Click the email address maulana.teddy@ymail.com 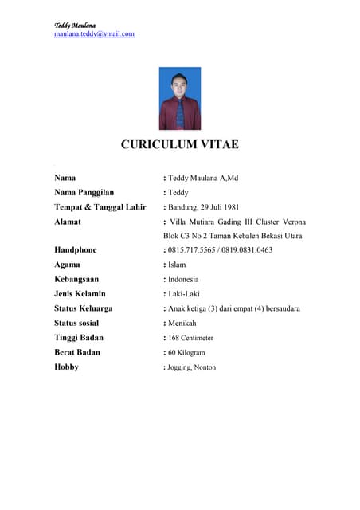[x=94, y=34]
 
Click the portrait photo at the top [x=180, y=98]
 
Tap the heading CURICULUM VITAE [x=179, y=144]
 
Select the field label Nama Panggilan [x=84, y=192]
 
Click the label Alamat [x=70, y=222]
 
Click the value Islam [x=178, y=265]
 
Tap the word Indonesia [x=183, y=280]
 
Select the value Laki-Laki [x=184, y=294]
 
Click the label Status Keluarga [x=83, y=308]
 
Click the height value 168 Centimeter [x=190, y=338]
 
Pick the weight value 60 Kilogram [x=186, y=352]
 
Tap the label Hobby [x=66, y=367]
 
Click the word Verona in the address [x=290, y=222]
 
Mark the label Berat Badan [x=76, y=352]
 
